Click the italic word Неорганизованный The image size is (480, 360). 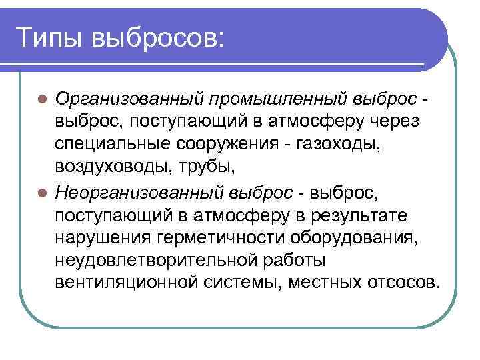[x=141, y=193]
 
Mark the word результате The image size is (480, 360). [x=360, y=216]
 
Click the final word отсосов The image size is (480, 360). [x=404, y=286]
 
